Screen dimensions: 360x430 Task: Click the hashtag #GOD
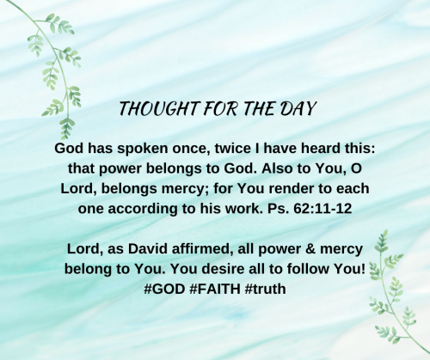(163, 289)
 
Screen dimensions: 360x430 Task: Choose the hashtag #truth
(265, 289)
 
